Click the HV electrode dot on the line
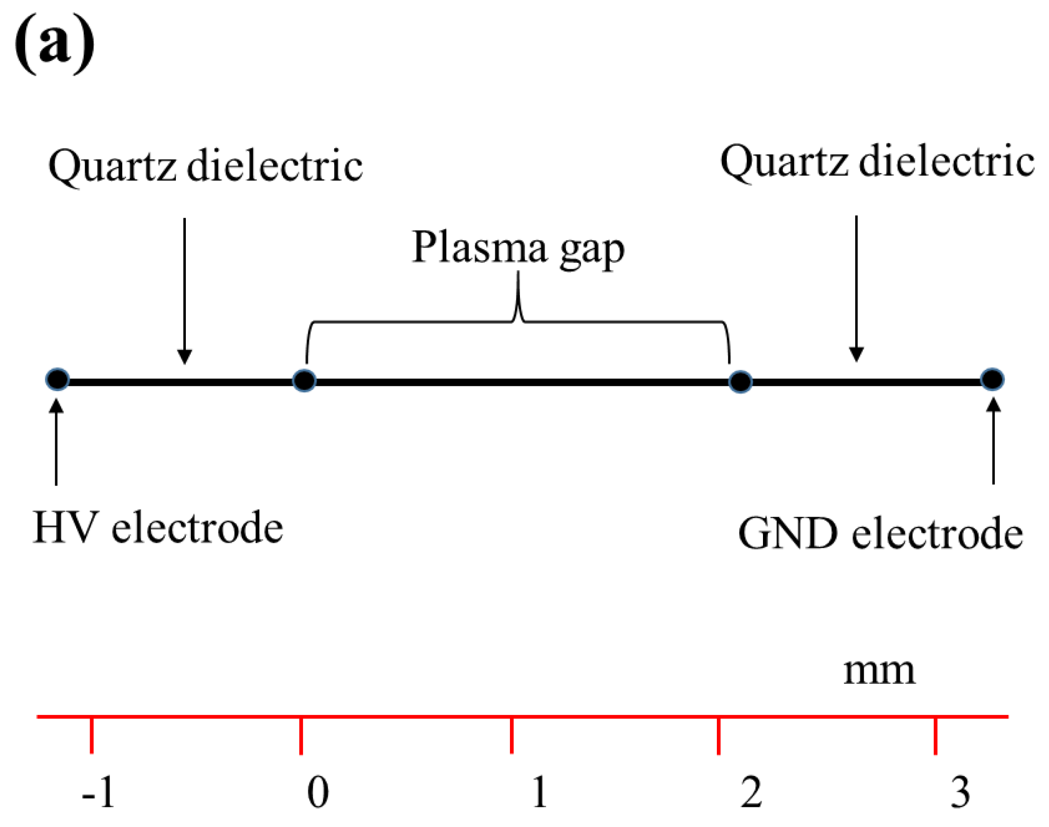(x=58, y=379)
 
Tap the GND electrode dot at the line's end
(x=992, y=379)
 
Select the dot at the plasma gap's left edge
(x=304, y=380)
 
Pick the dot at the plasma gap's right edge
(x=740, y=382)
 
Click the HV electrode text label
(x=158, y=528)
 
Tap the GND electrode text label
(x=880, y=534)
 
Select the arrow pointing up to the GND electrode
(x=993, y=441)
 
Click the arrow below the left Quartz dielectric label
(x=184, y=290)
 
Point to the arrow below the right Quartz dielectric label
(x=856, y=288)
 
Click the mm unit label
(x=879, y=671)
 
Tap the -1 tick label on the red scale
(x=99, y=792)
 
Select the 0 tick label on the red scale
(x=318, y=792)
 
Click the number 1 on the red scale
(x=539, y=792)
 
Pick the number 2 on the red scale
(x=751, y=792)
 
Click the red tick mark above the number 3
(x=935, y=735)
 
